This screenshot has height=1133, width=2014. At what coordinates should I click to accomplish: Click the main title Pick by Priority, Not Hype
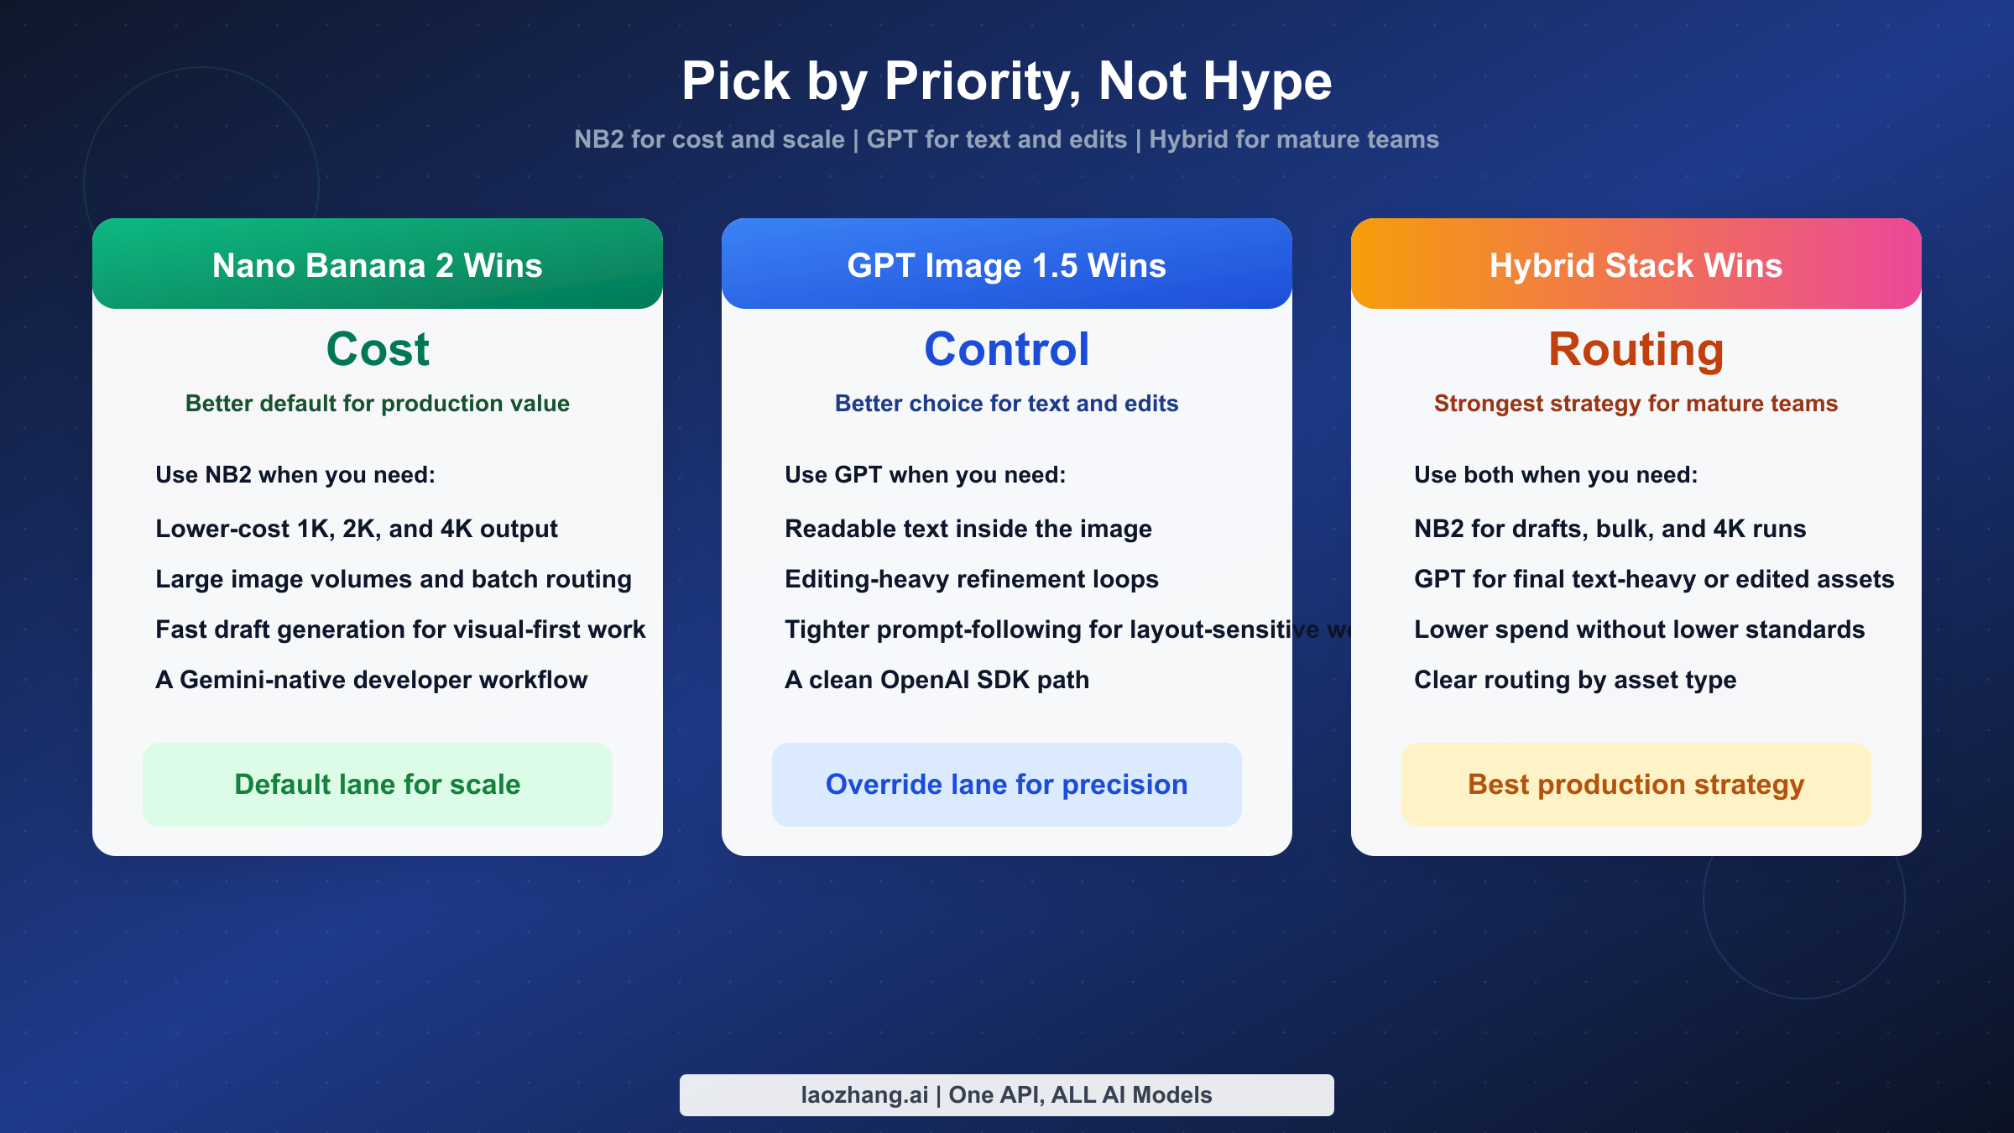tap(1006, 81)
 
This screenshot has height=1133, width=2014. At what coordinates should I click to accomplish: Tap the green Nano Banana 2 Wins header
tap(378, 264)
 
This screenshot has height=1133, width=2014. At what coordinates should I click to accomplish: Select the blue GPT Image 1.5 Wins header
tap(1006, 264)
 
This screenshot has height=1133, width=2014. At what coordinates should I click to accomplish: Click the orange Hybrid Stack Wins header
tap(1636, 264)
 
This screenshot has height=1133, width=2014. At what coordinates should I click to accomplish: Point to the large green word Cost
tap(378, 349)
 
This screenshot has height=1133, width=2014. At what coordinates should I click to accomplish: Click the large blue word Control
tap(1006, 349)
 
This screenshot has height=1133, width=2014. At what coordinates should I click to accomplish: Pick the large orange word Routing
tap(1636, 349)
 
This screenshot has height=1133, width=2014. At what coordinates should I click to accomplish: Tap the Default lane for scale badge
tap(378, 784)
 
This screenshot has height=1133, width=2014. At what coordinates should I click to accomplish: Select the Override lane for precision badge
tap(1006, 784)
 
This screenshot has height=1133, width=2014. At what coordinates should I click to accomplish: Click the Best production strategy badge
tap(1636, 784)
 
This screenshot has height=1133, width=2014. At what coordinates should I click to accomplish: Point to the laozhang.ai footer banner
tap(1006, 1094)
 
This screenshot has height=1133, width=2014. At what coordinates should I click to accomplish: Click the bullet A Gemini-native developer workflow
tap(371, 680)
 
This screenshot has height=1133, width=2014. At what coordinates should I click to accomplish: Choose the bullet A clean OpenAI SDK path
tap(937, 680)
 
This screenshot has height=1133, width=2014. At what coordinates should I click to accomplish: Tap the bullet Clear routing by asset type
tap(1574, 680)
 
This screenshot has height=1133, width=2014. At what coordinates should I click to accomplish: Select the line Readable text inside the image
tap(968, 529)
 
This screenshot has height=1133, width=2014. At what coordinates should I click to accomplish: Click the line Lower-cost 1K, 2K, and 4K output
tap(357, 529)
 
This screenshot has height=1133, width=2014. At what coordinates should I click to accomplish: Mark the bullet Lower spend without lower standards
tap(1639, 629)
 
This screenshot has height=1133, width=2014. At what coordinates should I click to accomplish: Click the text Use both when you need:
tap(1555, 475)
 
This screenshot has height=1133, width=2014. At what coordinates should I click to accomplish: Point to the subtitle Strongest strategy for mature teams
tap(1636, 404)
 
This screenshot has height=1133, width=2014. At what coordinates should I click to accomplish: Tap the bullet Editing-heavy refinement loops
tap(971, 579)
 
